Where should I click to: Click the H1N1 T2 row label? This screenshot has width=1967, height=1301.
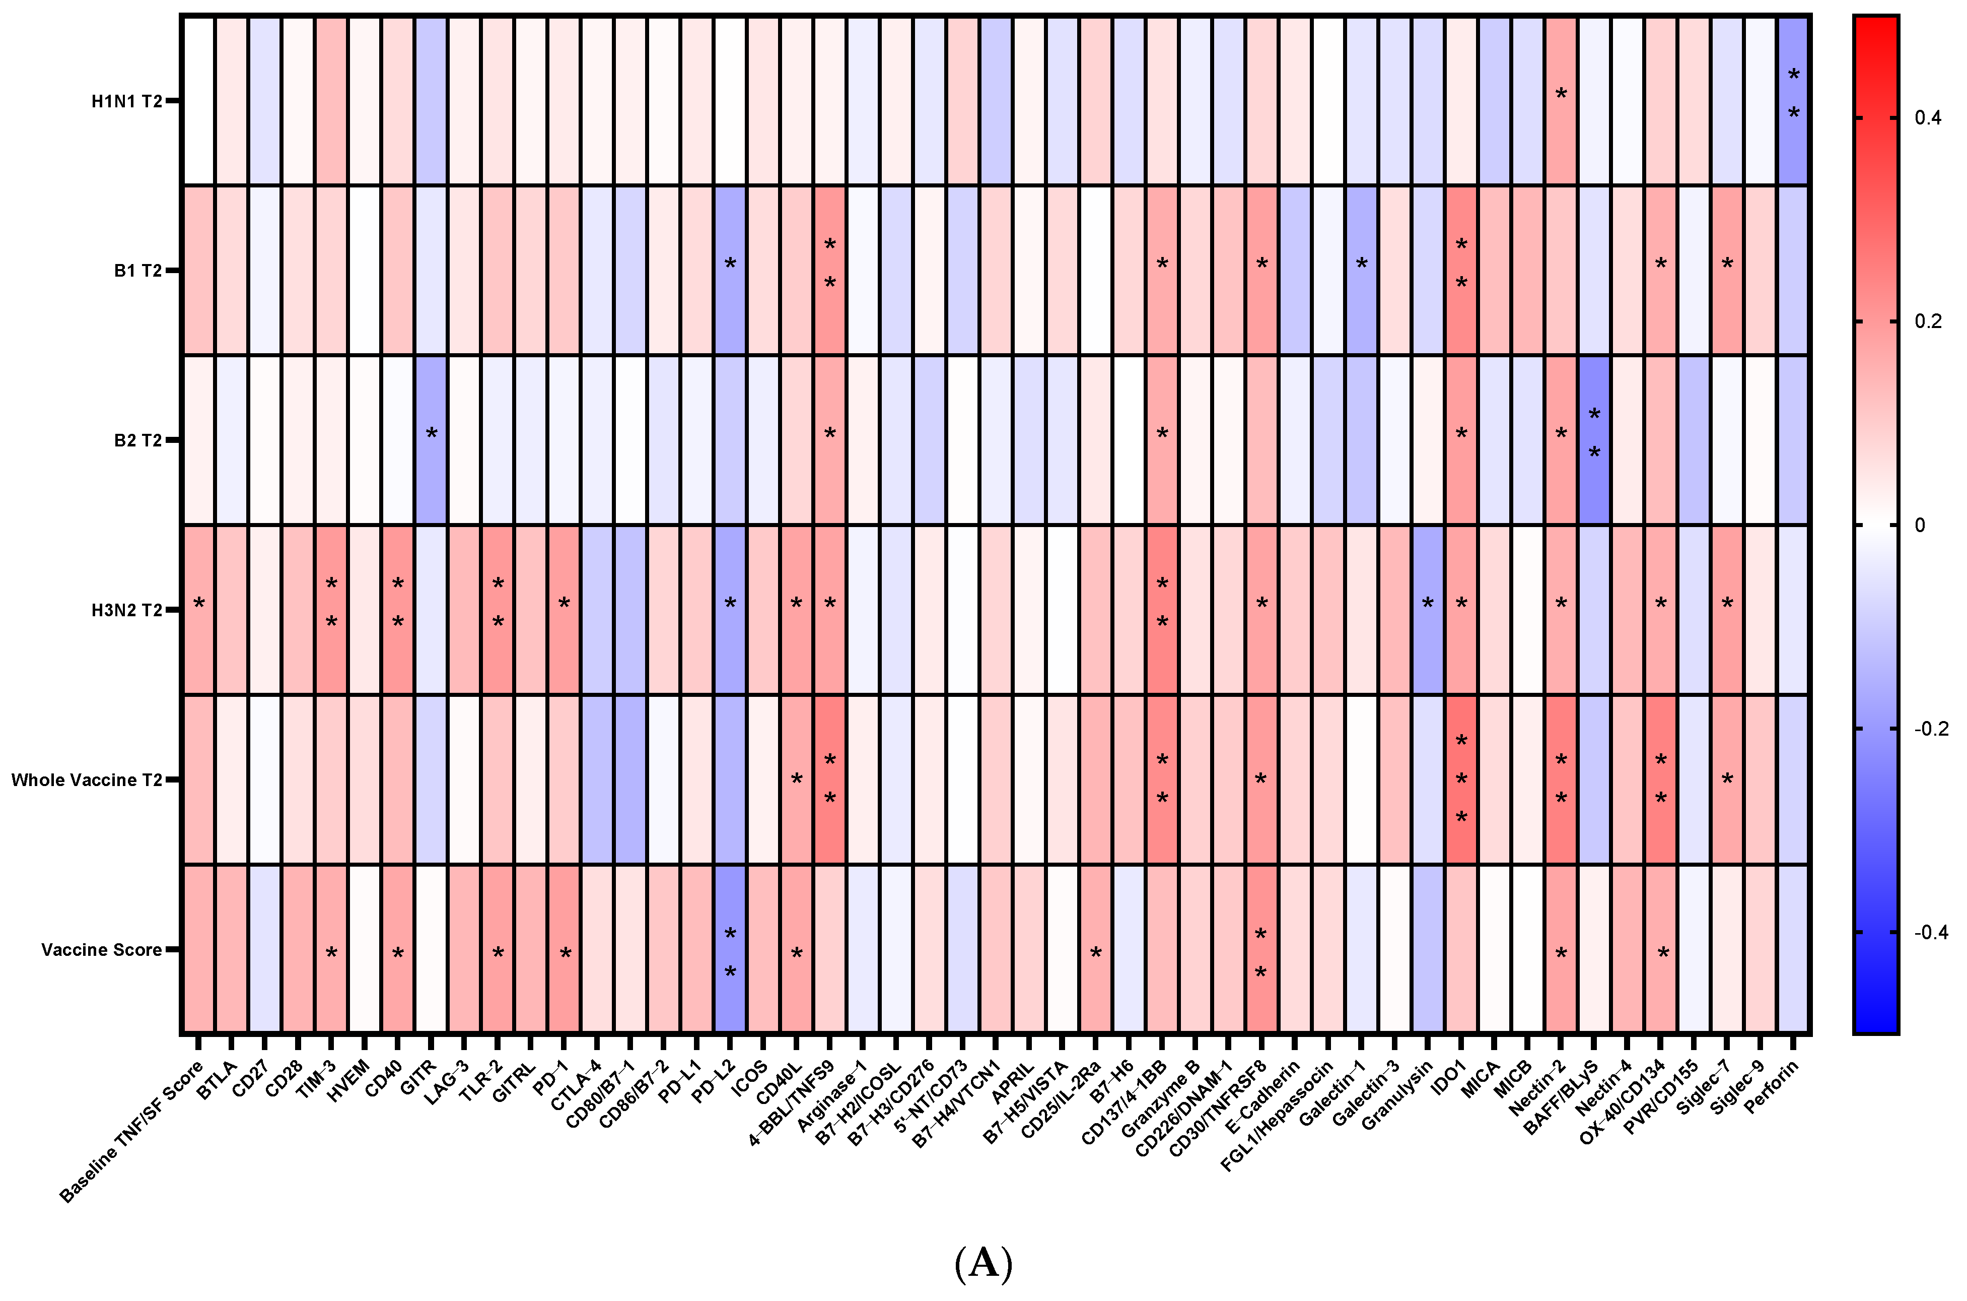[126, 101]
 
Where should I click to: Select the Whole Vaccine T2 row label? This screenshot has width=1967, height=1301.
[86, 780]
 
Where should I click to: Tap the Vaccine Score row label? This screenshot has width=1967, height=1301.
[101, 950]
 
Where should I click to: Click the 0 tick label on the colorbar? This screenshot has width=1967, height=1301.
[1920, 525]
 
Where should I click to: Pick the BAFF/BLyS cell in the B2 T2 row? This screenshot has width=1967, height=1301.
[1594, 440]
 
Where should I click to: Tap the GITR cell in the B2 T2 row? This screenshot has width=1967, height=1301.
[431, 440]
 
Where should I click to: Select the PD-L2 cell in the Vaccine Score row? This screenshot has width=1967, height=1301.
[730, 950]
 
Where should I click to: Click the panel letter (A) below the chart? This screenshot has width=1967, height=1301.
[984, 1264]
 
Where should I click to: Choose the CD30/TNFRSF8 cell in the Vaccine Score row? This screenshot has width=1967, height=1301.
[1261, 950]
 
